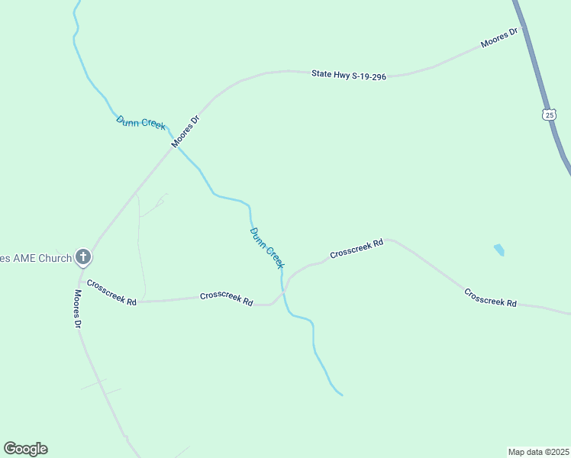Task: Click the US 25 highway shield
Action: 549,114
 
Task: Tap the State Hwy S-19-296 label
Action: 348,74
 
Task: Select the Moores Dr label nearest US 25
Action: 500,38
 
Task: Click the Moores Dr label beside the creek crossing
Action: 185,131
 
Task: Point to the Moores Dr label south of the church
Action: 78,308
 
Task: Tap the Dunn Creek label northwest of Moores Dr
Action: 140,122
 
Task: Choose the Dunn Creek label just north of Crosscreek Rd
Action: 266,247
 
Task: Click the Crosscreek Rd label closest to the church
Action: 111,293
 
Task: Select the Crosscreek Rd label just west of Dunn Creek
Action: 226,298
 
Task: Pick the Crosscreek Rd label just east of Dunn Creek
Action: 356,247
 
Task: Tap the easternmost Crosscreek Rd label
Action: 490,298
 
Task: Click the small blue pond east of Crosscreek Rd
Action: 499,250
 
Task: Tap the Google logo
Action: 25,449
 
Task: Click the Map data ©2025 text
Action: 538,451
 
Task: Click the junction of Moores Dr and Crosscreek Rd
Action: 80,277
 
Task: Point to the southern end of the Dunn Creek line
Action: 341,395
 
